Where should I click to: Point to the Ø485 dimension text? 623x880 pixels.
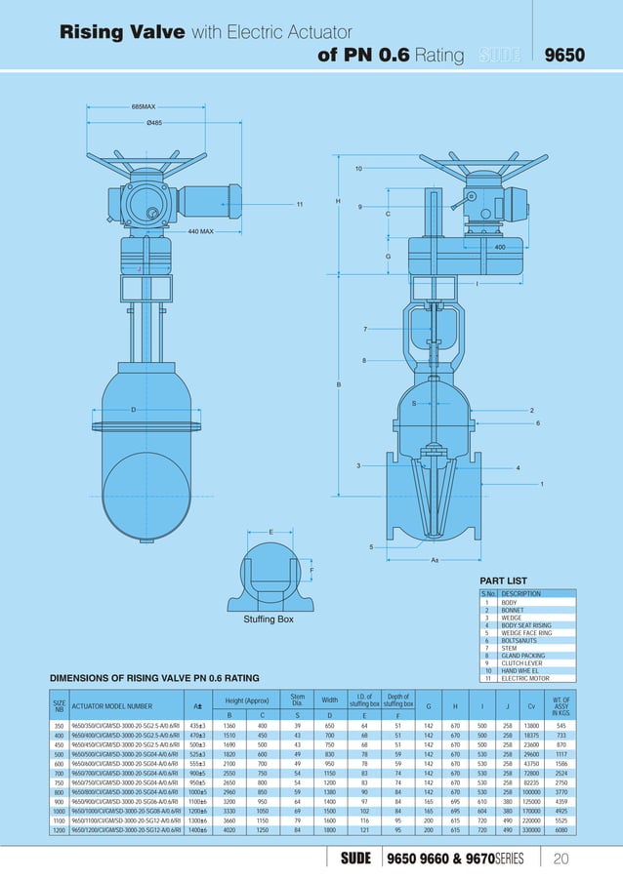154,123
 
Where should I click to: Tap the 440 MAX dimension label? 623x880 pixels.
201,232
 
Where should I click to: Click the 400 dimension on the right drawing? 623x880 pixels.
500,248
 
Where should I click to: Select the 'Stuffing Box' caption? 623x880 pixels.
269,620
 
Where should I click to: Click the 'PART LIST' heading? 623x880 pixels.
503,581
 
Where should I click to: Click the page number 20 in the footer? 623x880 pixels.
561,859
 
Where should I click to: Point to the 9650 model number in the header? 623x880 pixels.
564,55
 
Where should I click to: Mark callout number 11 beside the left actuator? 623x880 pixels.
300,204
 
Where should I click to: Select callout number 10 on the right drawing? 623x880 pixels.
358,169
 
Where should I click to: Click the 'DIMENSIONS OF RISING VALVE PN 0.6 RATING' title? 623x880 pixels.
154,677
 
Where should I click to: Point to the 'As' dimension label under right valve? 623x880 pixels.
435,560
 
